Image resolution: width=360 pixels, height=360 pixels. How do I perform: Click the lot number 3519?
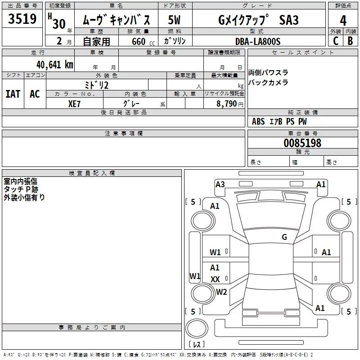(x=22, y=19)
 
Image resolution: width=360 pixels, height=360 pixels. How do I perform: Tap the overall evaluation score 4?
(x=343, y=21)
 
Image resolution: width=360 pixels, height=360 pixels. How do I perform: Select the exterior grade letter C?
(x=335, y=41)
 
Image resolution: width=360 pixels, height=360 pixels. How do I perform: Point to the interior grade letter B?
(x=351, y=41)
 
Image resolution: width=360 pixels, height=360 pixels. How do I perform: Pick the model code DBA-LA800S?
(x=258, y=41)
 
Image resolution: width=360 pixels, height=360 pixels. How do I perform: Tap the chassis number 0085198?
(x=302, y=144)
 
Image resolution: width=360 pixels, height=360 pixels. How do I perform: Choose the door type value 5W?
(x=175, y=21)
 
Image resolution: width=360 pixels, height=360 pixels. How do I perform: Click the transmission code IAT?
(x=13, y=94)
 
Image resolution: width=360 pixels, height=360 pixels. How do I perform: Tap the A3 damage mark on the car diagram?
(x=220, y=184)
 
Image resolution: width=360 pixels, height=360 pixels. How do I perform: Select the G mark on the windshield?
(x=284, y=237)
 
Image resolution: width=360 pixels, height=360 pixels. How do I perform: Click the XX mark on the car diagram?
(x=215, y=279)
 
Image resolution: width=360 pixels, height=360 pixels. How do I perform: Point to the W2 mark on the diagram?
(x=221, y=292)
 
